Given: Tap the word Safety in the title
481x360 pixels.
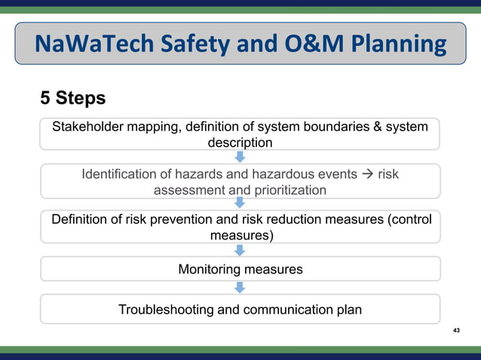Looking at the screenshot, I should tap(198, 44).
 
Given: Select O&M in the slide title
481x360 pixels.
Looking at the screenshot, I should tap(310, 44).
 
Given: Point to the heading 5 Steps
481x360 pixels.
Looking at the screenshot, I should tap(72, 99).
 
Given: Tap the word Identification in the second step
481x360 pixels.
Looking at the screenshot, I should tap(122, 174).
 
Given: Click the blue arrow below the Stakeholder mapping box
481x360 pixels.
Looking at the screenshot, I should tap(240, 157).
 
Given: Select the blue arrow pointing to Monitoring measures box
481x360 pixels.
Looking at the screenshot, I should tap(240, 250).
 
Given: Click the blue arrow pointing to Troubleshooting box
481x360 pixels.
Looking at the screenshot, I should tap(240, 288).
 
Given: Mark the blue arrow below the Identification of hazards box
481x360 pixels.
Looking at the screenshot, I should tap(240, 203).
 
